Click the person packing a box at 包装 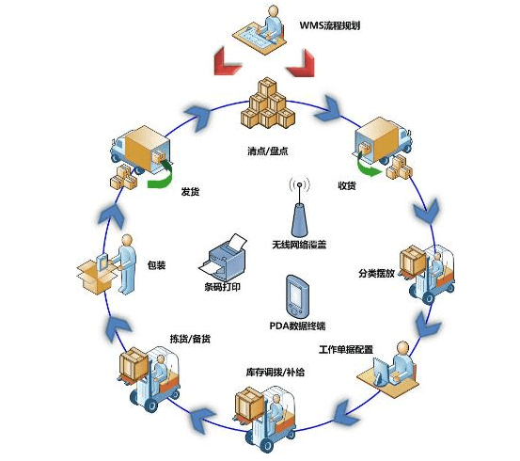(x=112, y=262)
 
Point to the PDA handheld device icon (x=296, y=295)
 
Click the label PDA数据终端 (x=297, y=326)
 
